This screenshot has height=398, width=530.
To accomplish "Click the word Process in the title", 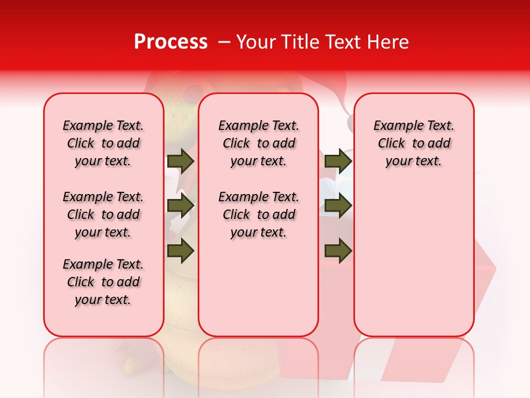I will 171,41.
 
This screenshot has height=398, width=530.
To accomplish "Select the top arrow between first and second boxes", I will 181,161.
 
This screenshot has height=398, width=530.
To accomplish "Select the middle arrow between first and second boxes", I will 181,206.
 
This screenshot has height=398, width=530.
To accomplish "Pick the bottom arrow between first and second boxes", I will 181,250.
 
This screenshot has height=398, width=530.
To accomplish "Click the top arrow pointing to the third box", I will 338,161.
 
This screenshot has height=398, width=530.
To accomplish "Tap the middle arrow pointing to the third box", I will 338,206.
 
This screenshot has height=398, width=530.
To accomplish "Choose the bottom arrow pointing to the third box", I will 338,250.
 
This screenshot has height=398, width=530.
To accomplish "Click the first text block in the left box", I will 103,143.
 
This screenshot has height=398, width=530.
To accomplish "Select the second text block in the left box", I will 103,214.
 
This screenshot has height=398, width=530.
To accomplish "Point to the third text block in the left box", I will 103,282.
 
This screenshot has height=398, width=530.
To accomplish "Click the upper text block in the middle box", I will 258,143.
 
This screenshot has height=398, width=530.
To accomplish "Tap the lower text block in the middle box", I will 258,214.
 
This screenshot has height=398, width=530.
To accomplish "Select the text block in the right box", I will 414,143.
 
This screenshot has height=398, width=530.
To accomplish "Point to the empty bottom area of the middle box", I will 258,293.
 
